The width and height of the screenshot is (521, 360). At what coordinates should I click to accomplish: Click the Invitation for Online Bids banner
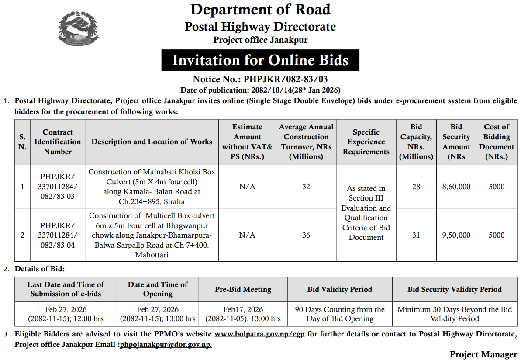pyautogui.click(x=260, y=60)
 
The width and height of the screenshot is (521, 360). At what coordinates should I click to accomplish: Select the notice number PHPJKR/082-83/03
pyautogui.click(x=260, y=80)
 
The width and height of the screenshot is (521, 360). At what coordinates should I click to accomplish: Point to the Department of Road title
pyautogui.click(x=260, y=10)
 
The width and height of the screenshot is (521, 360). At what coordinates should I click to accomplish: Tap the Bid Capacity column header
pyautogui.click(x=416, y=142)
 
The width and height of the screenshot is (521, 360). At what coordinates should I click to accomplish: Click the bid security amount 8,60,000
pyautogui.click(x=456, y=187)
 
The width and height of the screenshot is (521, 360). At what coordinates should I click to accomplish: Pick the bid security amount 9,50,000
pyautogui.click(x=456, y=235)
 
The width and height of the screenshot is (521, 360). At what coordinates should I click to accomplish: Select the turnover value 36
pyautogui.click(x=306, y=235)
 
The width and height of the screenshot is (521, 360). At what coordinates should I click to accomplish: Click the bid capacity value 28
pyautogui.click(x=416, y=187)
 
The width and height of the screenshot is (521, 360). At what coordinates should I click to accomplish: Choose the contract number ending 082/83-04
pyautogui.click(x=58, y=235)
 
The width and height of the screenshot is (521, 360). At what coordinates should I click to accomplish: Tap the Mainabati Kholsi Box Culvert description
pyautogui.click(x=152, y=187)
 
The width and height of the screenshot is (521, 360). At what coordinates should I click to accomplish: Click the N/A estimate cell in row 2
pyautogui.click(x=247, y=235)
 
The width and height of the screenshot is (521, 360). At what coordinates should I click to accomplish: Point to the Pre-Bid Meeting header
pyautogui.click(x=243, y=289)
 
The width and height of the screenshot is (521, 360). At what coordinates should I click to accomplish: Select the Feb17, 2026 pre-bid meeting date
pyautogui.click(x=243, y=310)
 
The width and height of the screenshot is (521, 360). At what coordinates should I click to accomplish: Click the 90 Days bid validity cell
pyautogui.click(x=340, y=314)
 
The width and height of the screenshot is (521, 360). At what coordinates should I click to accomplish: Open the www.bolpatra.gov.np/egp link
pyautogui.click(x=260, y=334)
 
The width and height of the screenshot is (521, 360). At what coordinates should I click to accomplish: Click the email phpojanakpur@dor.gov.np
pyautogui.click(x=165, y=344)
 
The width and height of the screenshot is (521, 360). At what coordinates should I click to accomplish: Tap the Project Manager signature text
pyautogui.click(x=483, y=354)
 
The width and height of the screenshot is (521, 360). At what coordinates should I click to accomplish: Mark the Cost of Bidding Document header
pyautogui.click(x=496, y=142)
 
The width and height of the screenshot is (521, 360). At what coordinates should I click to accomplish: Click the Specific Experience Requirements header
pyautogui.click(x=366, y=142)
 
